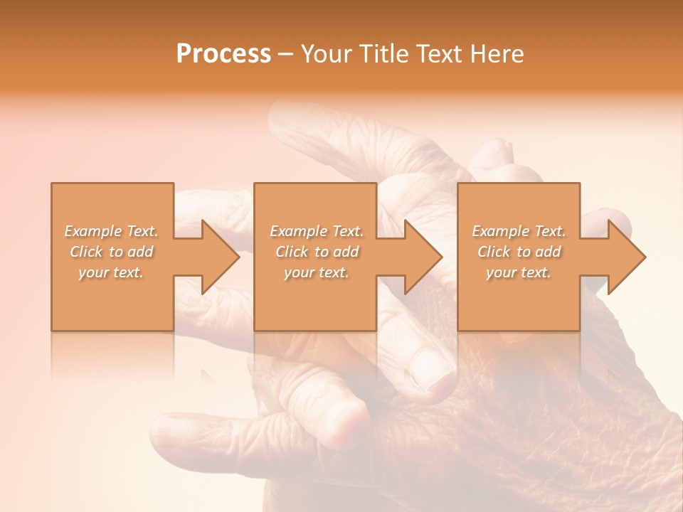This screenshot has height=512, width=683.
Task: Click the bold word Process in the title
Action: (223, 54)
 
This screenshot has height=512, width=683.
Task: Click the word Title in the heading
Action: (381, 54)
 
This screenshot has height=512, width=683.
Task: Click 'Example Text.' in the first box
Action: (111, 231)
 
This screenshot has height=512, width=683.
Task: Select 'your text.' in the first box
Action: (111, 272)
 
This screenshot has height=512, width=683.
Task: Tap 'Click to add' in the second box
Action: (317, 252)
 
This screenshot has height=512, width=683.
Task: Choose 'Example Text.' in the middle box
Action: (317, 231)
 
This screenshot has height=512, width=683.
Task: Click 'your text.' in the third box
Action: (519, 272)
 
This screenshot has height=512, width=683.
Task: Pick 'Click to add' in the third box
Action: (519, 252)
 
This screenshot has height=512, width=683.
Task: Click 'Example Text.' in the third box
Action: (519, 231)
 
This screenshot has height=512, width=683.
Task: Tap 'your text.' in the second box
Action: (317, 272)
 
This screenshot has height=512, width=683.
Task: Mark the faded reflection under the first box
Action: (112, 356)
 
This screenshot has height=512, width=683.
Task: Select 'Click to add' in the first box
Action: (111, 252)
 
